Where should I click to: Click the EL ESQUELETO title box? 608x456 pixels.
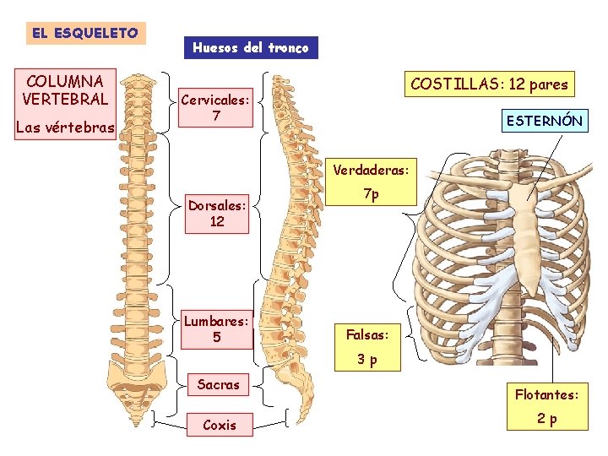[x=84, y=33]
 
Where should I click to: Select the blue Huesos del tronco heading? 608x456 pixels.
[x=251, y=47]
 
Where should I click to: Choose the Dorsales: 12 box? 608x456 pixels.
[x=217, y=213]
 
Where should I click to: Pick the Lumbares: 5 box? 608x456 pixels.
[x=217, y=329]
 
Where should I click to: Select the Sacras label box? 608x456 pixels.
[x=219, y=385]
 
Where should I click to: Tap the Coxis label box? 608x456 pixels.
[x=220, y=425]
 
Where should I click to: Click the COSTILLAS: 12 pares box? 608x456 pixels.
[x=489, y=84]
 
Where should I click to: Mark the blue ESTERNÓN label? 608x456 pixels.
[x=544, y=121]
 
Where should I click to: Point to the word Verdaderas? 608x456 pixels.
[x=371, y=171]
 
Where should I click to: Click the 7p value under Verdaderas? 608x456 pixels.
[x=371, y=194]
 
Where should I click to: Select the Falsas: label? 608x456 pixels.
[x=367, y=334]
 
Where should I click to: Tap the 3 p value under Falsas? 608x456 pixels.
[x=366, y=360]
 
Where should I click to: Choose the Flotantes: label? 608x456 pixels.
[x=548, y=394]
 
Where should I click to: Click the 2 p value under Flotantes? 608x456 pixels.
[x=548, y=420]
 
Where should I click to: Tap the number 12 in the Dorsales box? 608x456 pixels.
[x=217, y=221]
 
